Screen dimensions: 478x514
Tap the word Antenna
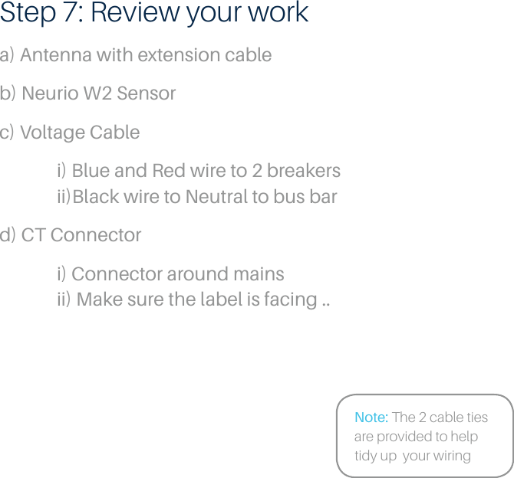pyautogui.click(x=52, y=55)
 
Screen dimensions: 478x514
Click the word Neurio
pyautogui.click(x=50, y=93)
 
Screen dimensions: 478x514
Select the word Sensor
pyautogui.click(x=146, y=93)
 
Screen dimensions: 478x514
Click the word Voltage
pyautogui.click(x=48, y=133)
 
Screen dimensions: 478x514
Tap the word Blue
pyautogui.click(x=90, y=170)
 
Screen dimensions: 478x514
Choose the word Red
pyautogui.click(x=168, y=170)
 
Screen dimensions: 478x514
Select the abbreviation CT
pyautogui.click(x=33, y=235)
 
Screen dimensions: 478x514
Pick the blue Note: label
pyautogui.click(x=371, y=417)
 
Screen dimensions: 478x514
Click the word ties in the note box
pyautogui.click(x=473, y=417)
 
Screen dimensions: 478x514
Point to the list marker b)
pyautogui.click(x=8, y=93)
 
